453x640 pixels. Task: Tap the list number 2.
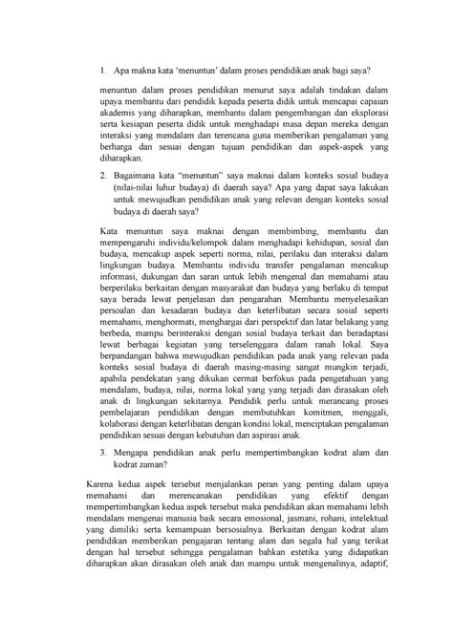104,178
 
